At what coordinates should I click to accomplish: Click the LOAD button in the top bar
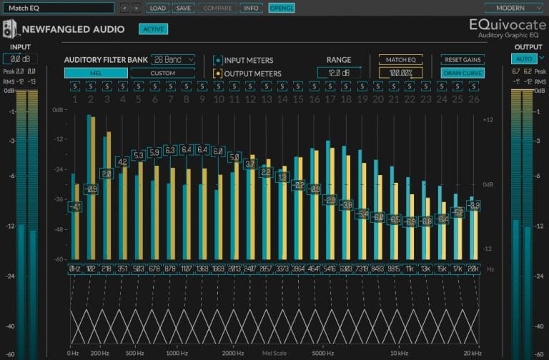click(x=157, y=8)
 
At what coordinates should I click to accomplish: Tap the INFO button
click(x=251, y=8)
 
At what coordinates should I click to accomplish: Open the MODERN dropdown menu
click(x=514, y=8)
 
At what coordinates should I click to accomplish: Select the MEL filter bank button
click(x=96, y=73)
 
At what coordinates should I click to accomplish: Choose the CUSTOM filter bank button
click(x=163, y=73)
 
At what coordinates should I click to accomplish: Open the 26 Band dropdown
click(x=173, y=60)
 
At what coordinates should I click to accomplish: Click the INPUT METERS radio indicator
click(x=218, y=60)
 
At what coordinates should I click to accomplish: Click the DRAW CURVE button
click(x=463, y=73)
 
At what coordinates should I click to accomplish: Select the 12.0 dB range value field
click(x=339, y=73)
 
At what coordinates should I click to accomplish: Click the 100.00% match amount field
click(x=400, y=73)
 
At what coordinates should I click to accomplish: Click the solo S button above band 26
click(x=473, y=86)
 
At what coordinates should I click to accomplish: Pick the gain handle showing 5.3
click(x=138, y=155)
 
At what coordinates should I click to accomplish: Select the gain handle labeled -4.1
click(x=75, y=207)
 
